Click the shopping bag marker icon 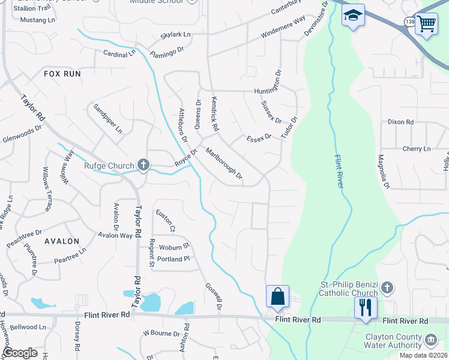coord(277,296)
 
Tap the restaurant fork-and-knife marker coord(366,308)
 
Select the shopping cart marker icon coord(426,24)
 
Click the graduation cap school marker coord(353,16)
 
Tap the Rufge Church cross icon coord(143,164)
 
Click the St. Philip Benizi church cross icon coord(387,287)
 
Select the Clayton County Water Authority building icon coord(430,341)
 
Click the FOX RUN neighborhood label coord(62,73)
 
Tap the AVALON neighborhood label coord(62,241)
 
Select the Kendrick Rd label coord(214,114)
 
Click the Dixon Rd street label coord(400,122)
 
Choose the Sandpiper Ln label coord(108,118)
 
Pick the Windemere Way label coord(283,31)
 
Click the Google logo coord(20,353)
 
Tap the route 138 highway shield coord(409,22)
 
